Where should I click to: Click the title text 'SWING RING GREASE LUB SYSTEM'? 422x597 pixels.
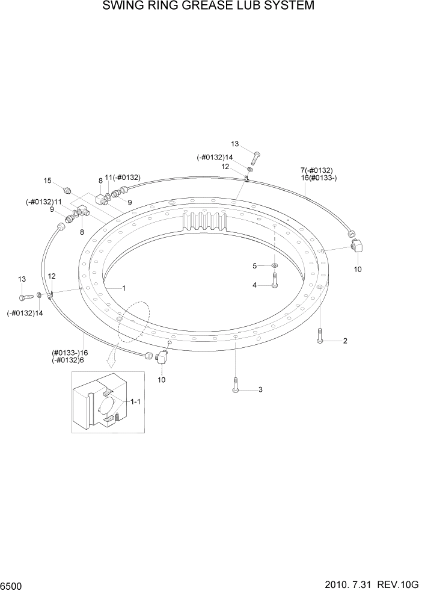coord(209,7)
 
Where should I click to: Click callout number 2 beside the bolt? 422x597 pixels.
coord(345,341)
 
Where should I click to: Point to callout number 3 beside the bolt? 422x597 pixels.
coord(260,390)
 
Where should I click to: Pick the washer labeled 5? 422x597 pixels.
coord(274,265)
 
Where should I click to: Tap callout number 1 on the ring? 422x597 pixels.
coord(124,288)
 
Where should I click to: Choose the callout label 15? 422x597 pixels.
coord(47,180)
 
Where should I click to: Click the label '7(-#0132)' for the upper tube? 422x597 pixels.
coord(316,170)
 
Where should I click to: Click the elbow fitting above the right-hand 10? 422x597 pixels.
coord(357,246)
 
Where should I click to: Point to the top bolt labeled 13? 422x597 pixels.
coord(256,157)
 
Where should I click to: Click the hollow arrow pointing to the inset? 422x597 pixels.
coord(110,360)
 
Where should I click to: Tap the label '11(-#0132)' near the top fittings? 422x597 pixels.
coord(123,178)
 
